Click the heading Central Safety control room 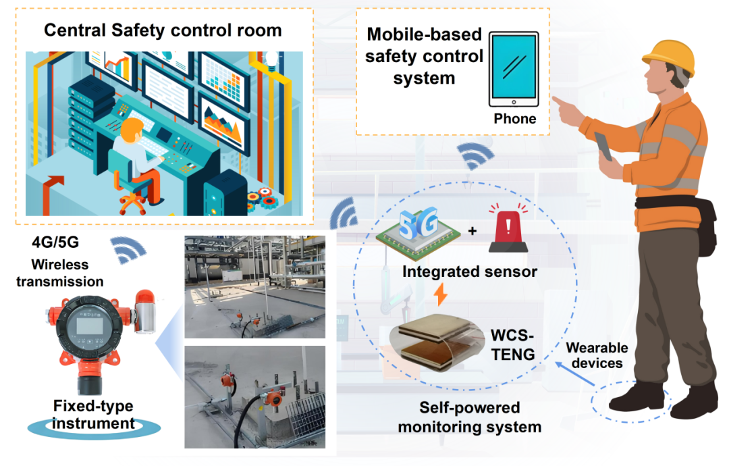tap(163, 30)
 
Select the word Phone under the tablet tap(515, 119)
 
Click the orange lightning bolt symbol tap(440, 294)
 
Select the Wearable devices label tap(597, 356)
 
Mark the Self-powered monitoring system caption tap(470, 417)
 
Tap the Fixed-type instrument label tap(93, 415)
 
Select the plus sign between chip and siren tap(473, 232)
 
